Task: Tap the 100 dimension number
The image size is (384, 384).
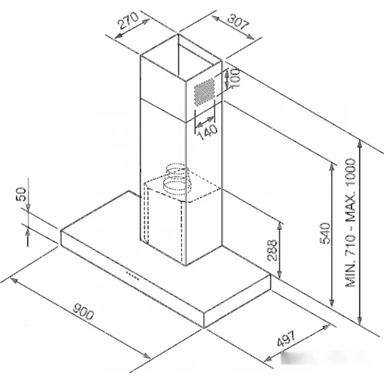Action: point(235,78)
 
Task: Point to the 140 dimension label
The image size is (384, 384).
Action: point(207,132)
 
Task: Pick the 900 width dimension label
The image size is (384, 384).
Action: point(83,311)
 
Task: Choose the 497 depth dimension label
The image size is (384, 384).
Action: point(286,339)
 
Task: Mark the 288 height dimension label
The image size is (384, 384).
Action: point(272,250)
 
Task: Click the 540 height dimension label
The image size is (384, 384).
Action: point(325,233)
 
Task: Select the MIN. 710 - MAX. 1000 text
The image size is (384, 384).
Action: point(351,223)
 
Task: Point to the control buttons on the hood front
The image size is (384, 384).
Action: point(132,275)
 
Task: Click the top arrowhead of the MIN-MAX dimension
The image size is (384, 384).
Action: point(359,144)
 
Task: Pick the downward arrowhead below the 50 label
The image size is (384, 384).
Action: point(28,207)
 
